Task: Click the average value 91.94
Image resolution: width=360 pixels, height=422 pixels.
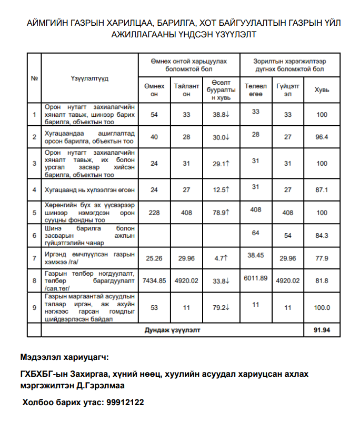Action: pos(322,330)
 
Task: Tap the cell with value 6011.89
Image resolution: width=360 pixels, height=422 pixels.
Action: pos(256,277)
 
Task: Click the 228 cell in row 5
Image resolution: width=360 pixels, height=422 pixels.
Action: pos(154,213)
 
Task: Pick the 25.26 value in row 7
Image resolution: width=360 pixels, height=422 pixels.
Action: pos(154,258)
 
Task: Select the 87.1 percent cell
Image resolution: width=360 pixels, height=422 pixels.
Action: pos(322,189)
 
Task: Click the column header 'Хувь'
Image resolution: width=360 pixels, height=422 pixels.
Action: pos(322,90)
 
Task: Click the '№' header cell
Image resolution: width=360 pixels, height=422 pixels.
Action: pos(34,78)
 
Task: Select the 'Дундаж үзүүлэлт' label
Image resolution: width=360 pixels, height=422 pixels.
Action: pos(173,330)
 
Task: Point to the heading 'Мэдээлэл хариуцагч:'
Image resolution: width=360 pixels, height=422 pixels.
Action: pos(65,358)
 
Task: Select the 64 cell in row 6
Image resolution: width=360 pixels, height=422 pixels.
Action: pos(256,232)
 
